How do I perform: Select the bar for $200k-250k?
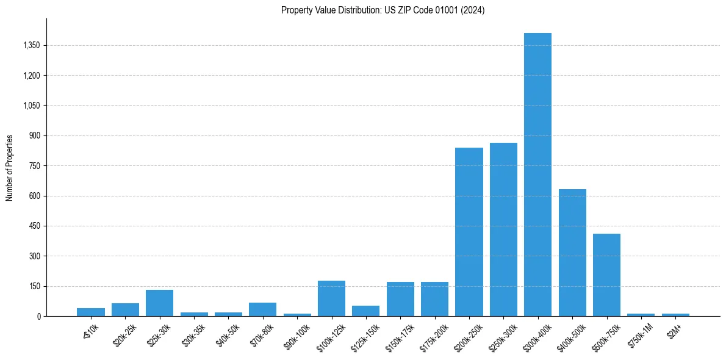469,232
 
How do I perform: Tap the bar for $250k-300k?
503,229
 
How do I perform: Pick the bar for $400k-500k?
572,253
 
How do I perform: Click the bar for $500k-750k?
606,275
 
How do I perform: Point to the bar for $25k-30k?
159,303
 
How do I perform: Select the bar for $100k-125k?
331,298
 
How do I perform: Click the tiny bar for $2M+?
675,315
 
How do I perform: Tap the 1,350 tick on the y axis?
31,46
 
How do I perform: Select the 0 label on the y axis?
38,317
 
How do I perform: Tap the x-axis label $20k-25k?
124,333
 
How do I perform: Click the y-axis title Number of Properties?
10,168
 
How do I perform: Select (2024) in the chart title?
474,10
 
